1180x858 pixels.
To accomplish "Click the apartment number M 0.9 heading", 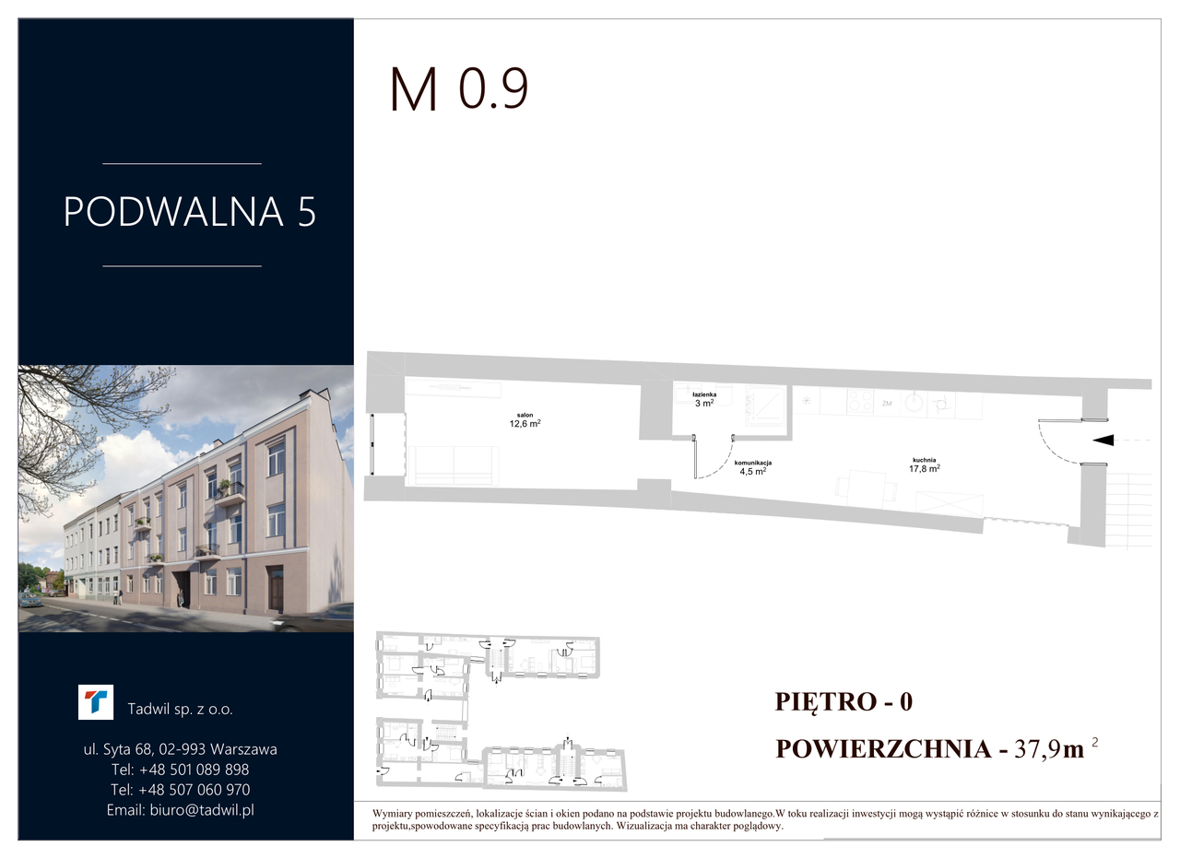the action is (458, 89).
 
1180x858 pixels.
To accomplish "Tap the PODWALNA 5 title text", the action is (190, 212).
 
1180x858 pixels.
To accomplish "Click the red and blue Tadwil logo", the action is (96, 702).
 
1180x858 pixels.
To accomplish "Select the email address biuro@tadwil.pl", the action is (202, 809).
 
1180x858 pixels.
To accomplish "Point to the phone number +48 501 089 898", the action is (194, 770).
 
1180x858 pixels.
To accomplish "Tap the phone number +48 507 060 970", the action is (194, 790).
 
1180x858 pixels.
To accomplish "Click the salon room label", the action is (525, 415).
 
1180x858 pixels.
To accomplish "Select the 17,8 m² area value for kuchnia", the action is (925, 468).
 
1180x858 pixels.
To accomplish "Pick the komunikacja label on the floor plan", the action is (753, 463).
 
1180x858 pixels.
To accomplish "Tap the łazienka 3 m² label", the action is (704, 399).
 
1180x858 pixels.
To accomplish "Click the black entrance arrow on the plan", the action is (1103, 440).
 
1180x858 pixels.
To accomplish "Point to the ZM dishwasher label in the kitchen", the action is (887, 404).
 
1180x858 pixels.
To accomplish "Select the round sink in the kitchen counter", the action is (915, 403).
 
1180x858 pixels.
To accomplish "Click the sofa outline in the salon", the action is (454, 465).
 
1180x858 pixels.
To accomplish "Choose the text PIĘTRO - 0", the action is (844, 701).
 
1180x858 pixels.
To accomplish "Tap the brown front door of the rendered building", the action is (276, 588).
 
